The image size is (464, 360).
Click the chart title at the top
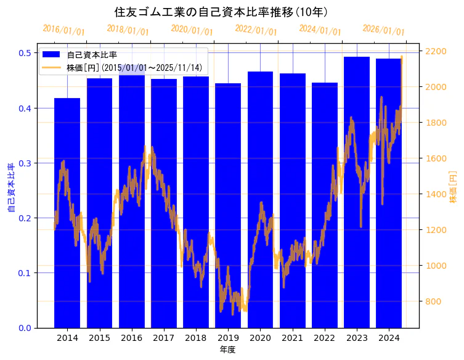tap(221, 12)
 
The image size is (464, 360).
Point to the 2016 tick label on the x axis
tap(132, 338)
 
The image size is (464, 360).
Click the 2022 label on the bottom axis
tap(325, 338)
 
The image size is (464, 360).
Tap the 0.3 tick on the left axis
tap(25, 163)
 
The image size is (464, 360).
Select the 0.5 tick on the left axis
tap(25, 53)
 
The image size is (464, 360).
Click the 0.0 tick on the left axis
tap(25, 328)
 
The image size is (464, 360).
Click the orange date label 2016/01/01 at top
tap(64, 30)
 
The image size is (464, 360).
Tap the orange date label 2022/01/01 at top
tap(256, 30)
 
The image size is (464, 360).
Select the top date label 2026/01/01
tap(383, 30)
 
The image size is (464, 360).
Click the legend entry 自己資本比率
tap(92, 55)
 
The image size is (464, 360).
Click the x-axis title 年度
tap(227, 350)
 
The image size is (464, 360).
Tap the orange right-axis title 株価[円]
tap(453, 188)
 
